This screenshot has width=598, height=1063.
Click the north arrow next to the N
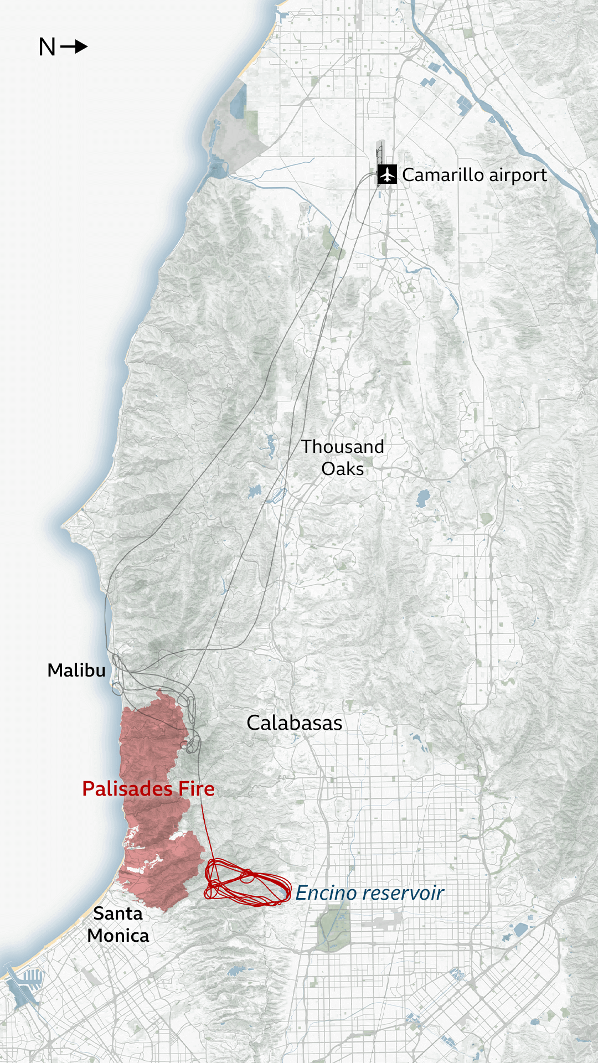click(74, 47)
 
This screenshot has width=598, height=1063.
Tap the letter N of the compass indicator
click(47, 47)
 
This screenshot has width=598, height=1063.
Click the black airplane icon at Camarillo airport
click(387, 174)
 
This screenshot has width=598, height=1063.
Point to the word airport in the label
click(518, 176)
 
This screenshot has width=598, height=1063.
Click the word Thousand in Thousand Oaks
click(342, 447)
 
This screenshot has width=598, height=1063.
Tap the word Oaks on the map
click(342, 469)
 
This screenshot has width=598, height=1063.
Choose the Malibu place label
click(76, 670)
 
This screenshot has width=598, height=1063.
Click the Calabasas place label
click(294, 723)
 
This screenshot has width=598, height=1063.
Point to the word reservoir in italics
click(404, 893)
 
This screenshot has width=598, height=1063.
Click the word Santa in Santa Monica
click(118, 914)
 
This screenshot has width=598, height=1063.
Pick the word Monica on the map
click(118, 936)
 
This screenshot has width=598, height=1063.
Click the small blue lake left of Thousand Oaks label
click(271, 446)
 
